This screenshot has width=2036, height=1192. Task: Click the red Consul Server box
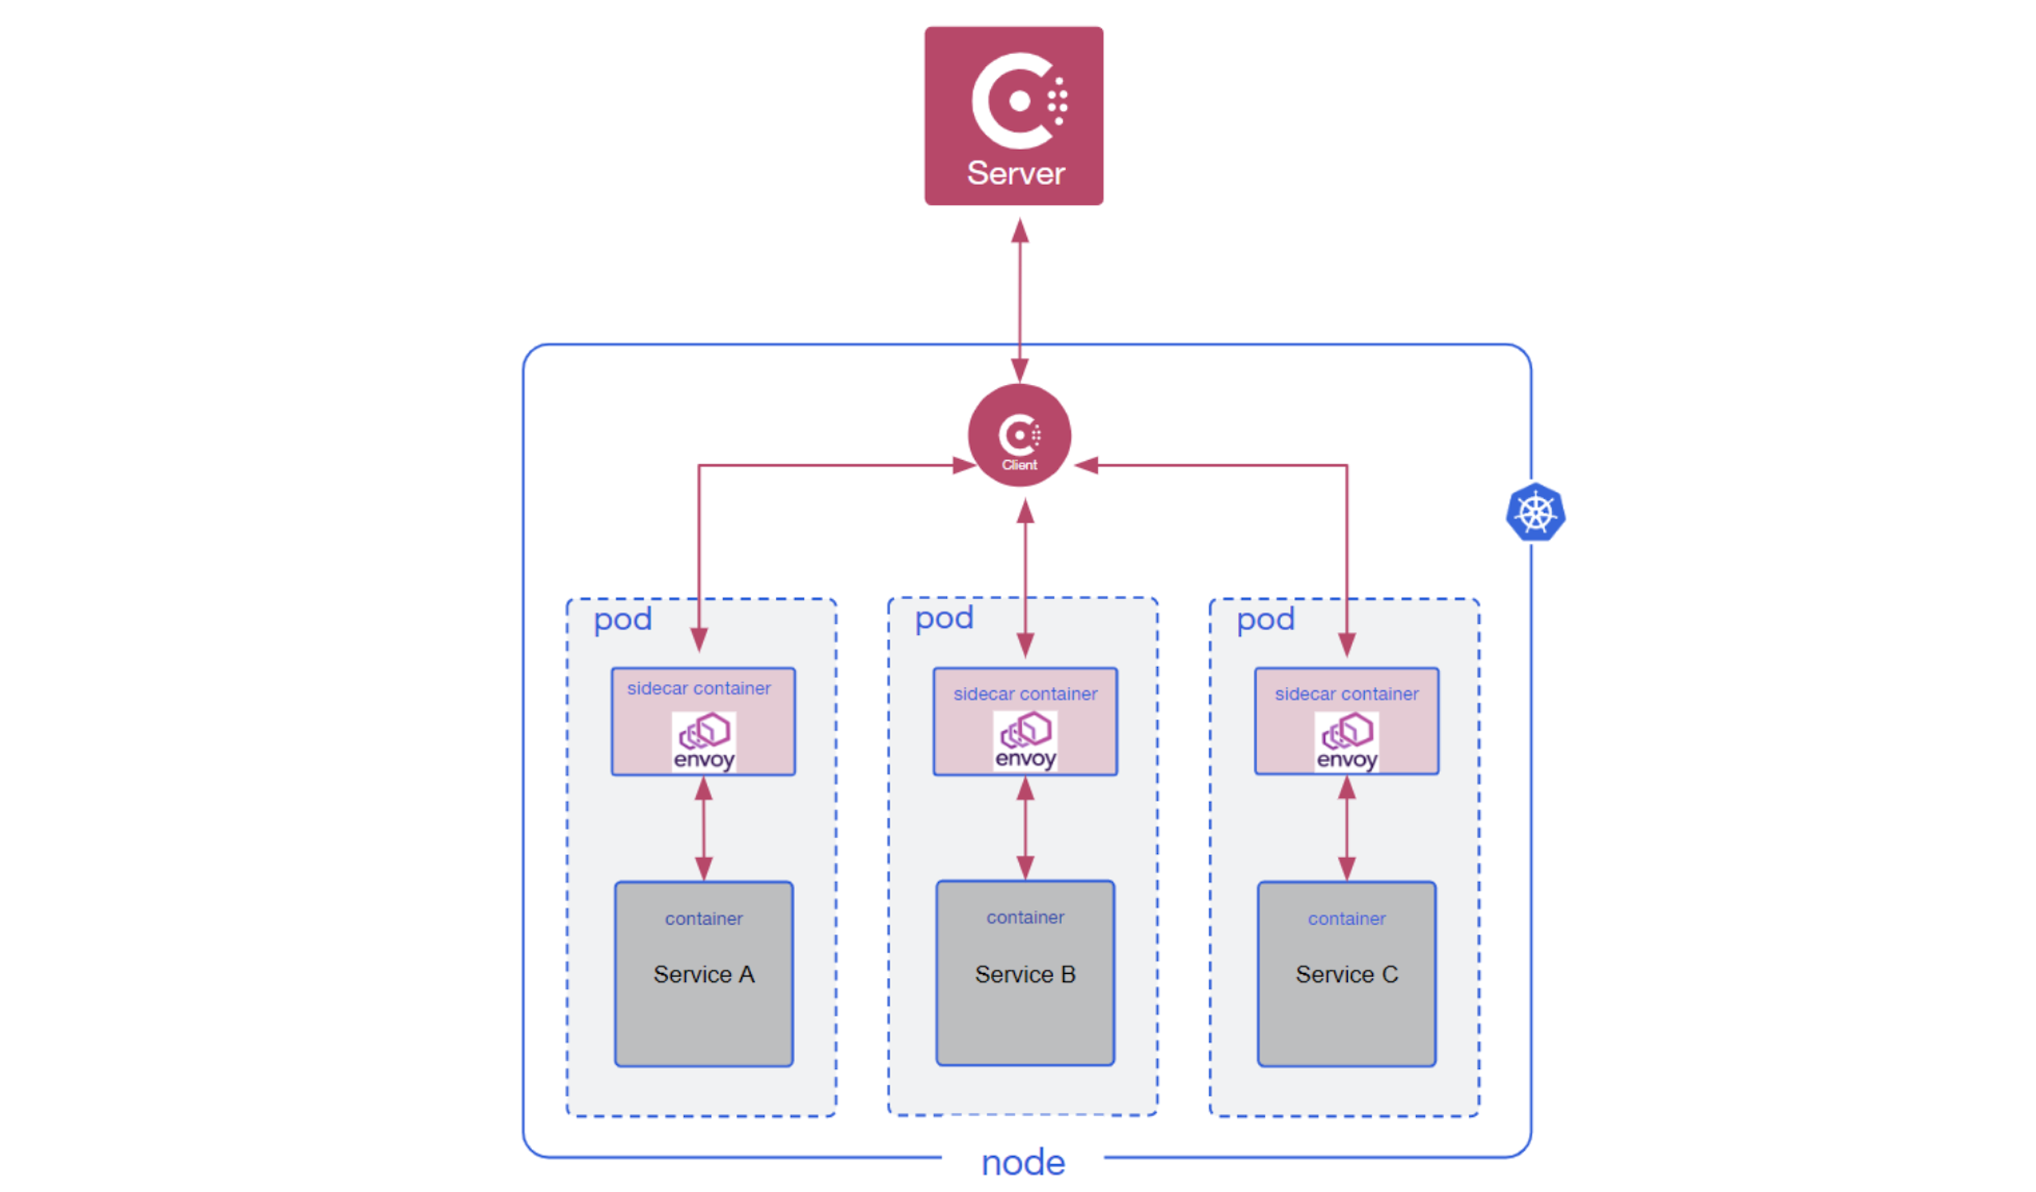coord(1013,116)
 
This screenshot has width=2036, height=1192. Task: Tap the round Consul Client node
coord(1020,435)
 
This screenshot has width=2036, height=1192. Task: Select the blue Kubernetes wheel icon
coord(1535,512)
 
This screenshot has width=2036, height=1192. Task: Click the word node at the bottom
coord(1023,1163)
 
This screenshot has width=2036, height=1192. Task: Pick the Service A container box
coord(704,974)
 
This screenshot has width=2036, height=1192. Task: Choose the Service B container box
coord(1025,973)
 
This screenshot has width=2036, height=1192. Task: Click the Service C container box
coord(1346,974)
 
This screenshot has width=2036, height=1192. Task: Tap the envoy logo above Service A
coord(704,741)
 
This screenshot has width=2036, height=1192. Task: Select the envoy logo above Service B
coord(1025,740)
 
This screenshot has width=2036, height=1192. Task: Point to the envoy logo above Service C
coord(1346,741)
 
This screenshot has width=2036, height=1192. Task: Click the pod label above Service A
coord(622,620)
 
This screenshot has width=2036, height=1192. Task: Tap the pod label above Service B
coord(944,619)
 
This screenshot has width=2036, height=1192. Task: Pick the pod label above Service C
coord(1265,620)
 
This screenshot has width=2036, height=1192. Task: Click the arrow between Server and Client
coord(1020,300)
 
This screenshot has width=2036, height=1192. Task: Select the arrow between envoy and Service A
coord(704,828)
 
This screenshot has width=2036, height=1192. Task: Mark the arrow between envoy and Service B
coord(1025,828)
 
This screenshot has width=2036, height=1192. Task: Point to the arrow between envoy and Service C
coord(1346,828)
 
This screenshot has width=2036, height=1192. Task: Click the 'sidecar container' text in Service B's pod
coord(1025,694)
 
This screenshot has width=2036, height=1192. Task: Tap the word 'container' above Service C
coord(1346,918)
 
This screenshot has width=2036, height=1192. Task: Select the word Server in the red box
coord(1016,173)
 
